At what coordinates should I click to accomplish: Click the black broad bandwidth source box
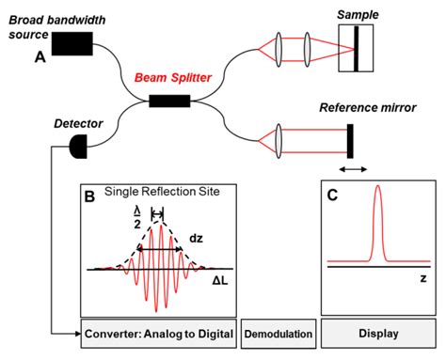72,42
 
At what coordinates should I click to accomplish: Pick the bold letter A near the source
40,57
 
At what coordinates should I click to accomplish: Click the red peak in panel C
376,216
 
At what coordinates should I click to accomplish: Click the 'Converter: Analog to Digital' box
156,333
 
